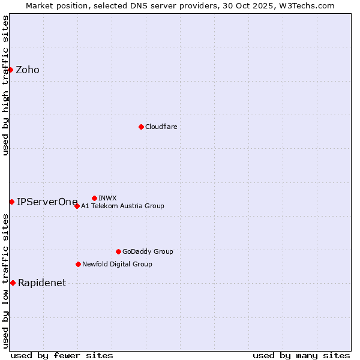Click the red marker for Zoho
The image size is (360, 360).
click(x=10, y=70)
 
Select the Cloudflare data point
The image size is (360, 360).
click(x=141, y=127)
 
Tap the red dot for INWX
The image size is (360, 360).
click(x=94, y=198)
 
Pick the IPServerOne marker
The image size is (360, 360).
click(x=11, y=202)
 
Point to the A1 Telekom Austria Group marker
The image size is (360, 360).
click(x=77, y=206)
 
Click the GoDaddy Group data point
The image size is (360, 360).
click(x=118, y=251)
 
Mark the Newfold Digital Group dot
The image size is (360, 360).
click(x=78, y=264)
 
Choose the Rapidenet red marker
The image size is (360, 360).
click(x=13, y=283)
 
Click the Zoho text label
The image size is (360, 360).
click(x=28, y=70)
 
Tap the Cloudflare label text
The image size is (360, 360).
click(x=161, y=127)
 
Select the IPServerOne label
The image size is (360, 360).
click(x=47, y=202)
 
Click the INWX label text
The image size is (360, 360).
click(x=107, y=198)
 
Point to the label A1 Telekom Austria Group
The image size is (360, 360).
click(x=122, y=206)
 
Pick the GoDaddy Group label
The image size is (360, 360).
click(x=148, y=251)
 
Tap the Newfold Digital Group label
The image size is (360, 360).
click(x=117, y=264)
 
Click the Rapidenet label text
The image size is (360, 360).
click(x=42, y=283)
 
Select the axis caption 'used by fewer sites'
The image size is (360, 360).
click(x=62, y=355)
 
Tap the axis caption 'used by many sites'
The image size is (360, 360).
click(x=301, y=355)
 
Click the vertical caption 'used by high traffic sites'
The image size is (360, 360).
click(x=5, y=85)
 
